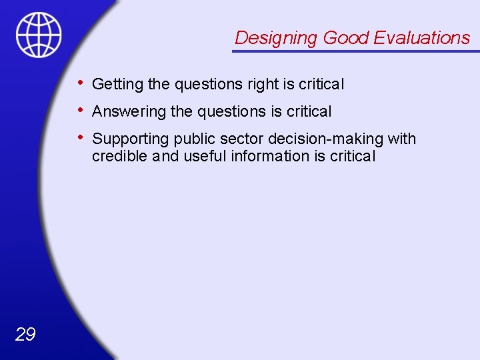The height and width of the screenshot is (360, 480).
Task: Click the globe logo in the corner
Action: (39, 34)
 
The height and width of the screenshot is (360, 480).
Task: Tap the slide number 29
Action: (25, 335)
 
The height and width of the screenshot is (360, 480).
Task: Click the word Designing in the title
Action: (276, 38)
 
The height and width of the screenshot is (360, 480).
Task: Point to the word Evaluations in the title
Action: (421, 38)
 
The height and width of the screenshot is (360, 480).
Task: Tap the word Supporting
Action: (131, 139)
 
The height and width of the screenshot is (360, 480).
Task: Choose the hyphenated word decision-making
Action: (326, 139)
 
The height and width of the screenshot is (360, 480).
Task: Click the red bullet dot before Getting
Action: (80, 83)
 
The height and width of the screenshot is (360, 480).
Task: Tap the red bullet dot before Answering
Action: (80, 111)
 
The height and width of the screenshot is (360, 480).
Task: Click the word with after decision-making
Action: (402, 139)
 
